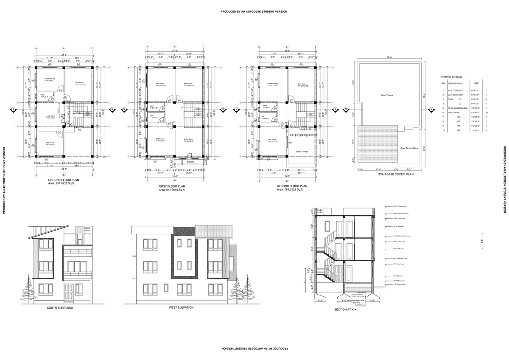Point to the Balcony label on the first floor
[190, 162]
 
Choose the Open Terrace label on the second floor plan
[302, 152]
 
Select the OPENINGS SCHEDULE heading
[452, 77]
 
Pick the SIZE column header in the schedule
[476, 83]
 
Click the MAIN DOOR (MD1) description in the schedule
[456, 90]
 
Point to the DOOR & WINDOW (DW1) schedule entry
[456, 108]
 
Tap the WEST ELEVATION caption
[181, 307]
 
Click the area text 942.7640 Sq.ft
[172, 190]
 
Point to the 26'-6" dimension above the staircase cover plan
[389, 58]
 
